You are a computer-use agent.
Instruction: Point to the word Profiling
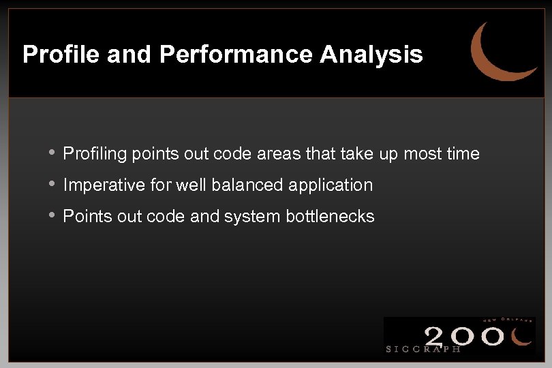[95, 155]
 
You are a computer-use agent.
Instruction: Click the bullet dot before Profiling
[52, 153]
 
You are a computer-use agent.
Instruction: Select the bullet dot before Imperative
[52, 185]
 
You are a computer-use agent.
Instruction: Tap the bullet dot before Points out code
[52, 216]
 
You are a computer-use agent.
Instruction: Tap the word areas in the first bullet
[280, 155]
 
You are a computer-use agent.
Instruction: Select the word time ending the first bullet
[463, 155]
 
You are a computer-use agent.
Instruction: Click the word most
[422, 155]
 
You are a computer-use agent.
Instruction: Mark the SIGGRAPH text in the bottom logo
[423, 348]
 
